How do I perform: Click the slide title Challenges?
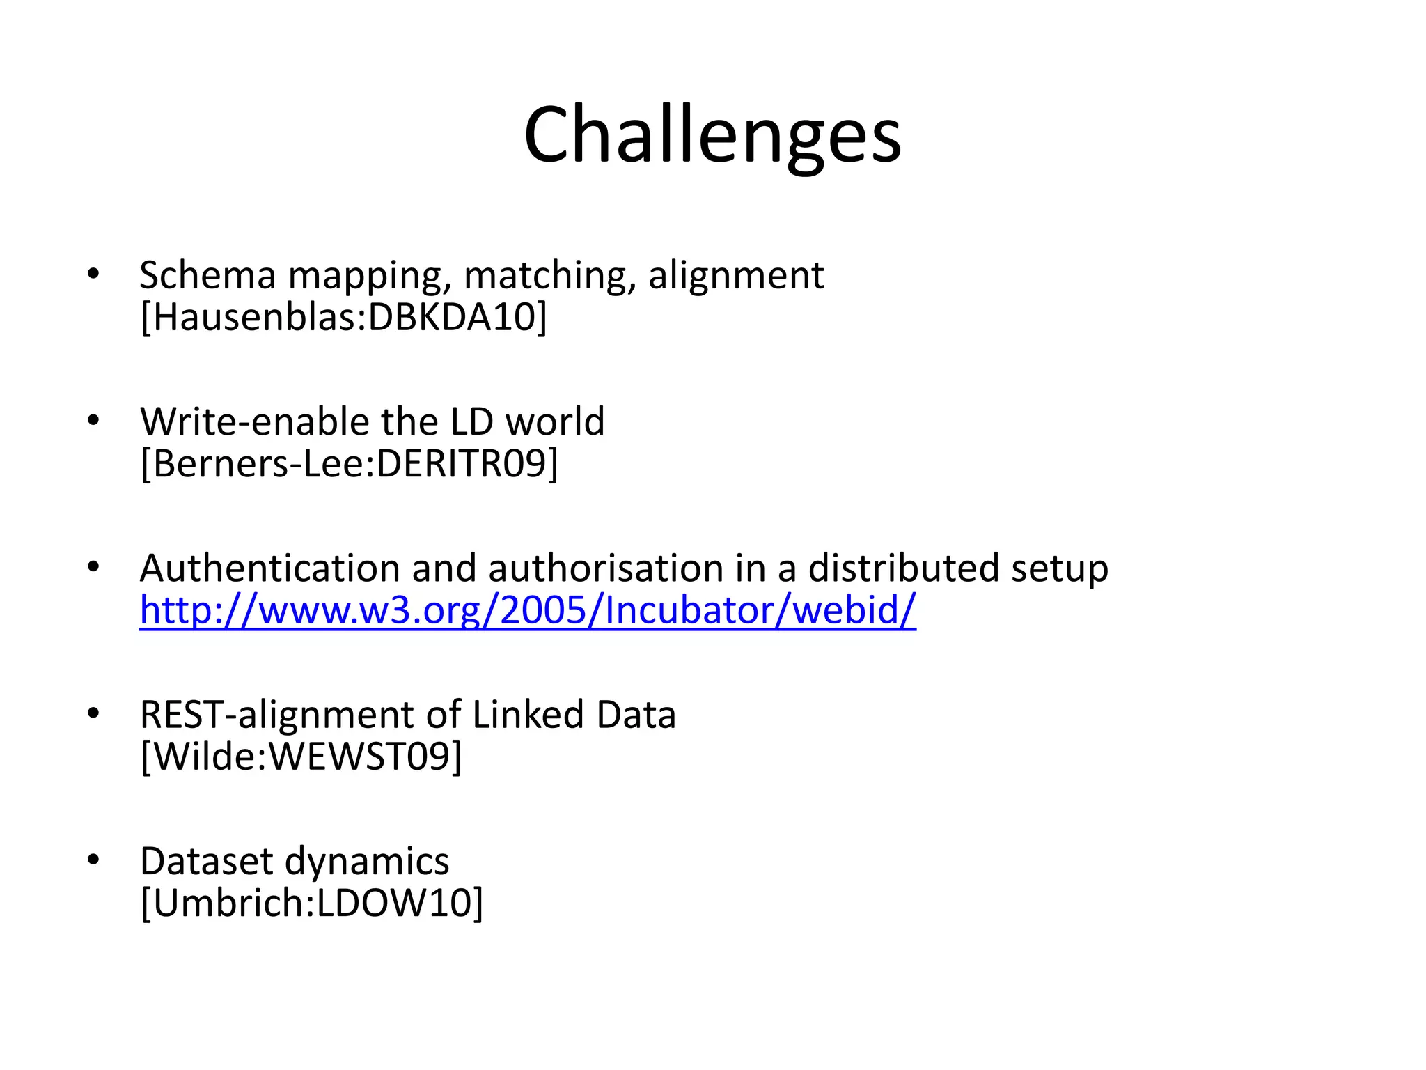click(x=712, y=135)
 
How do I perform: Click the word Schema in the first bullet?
click(x=207, y=275)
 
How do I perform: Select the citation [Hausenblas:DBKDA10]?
click(x=344, y=317)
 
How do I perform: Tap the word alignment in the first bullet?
click(x=736, y=275)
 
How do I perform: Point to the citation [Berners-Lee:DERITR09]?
click(x=350, y=463)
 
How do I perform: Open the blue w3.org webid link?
click(x=528, y=610)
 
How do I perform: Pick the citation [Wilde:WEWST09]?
click(x=301, y=757)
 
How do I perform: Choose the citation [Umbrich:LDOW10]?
click(x=312, y=903)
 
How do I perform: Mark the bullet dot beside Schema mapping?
click(x=93, y=274)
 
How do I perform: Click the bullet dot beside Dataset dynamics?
click(x=93, y=860)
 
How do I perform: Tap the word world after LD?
click(x=555, y=421)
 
